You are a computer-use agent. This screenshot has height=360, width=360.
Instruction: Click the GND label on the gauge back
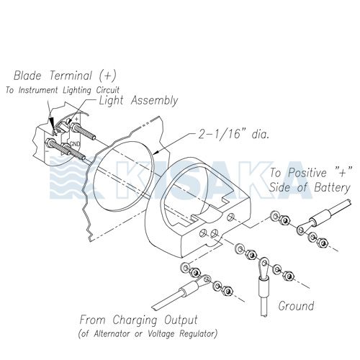[x=75, y=144]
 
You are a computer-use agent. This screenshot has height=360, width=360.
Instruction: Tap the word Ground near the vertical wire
[x=296, y=306]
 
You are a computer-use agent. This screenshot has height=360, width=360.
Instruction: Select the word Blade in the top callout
[x=27, y=76]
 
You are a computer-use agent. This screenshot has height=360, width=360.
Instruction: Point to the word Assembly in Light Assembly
[x=154, y=101]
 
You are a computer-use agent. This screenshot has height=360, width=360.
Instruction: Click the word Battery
[x=333, y=187]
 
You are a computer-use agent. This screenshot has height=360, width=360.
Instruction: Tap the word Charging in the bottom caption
[x=135, y=320]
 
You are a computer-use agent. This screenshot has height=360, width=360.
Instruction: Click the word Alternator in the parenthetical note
[x=112, y=333]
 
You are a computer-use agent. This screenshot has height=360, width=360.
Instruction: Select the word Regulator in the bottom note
[x=199, y=334]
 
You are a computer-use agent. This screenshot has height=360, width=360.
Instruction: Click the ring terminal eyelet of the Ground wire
[x=264, y=264]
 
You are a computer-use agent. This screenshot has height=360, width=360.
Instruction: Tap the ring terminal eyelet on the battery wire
[x=301, y=230]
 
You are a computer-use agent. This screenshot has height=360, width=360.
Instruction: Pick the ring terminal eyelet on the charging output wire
[x=206, y=279]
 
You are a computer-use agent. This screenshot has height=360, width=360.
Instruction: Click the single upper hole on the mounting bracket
[x=230, y=217]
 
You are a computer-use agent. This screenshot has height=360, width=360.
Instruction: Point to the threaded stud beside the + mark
[x=84, y=132]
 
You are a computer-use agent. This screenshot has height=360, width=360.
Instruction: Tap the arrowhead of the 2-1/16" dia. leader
[x=156, y=153]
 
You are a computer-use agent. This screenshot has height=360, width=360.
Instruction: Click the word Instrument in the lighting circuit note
[x=38, y=90]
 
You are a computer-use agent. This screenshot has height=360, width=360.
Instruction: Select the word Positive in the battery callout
[x=307, y=173]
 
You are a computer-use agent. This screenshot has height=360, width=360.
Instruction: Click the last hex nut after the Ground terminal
[x=288, y=276]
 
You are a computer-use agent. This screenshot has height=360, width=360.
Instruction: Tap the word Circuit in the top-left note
[x=108, y=90]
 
